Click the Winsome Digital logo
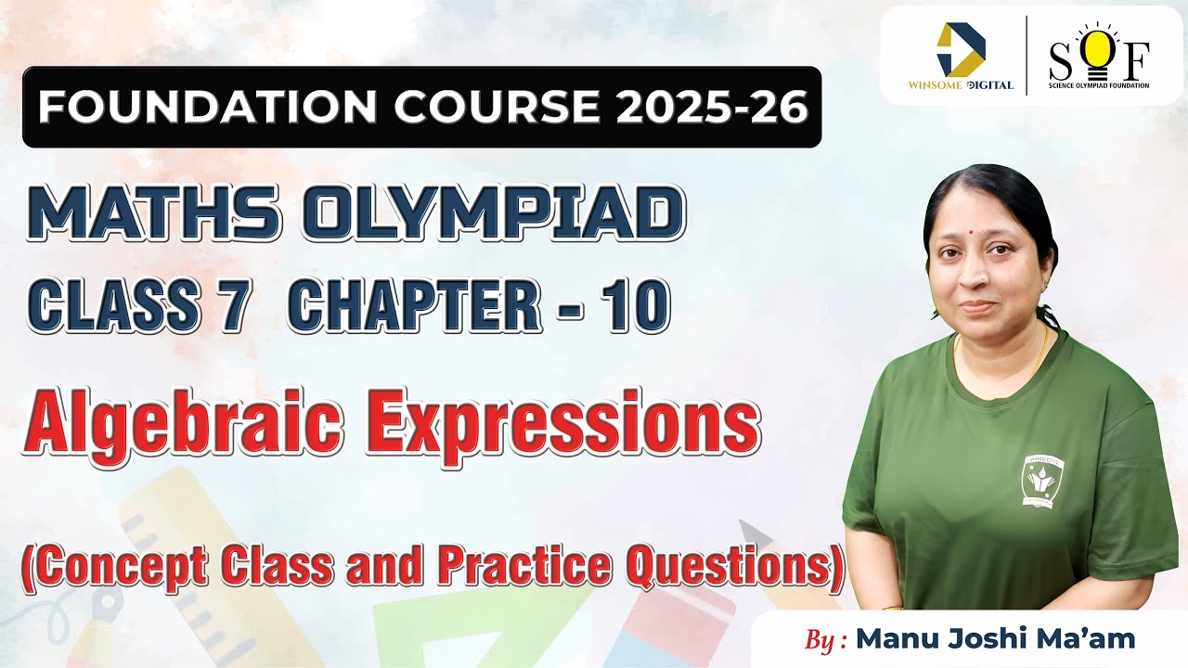tap(960, 57)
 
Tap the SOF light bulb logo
tap(1099, 56)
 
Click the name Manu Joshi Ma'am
tap(995, 639)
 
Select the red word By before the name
tap(821, 640)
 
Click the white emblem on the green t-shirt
tap(1043, 482)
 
